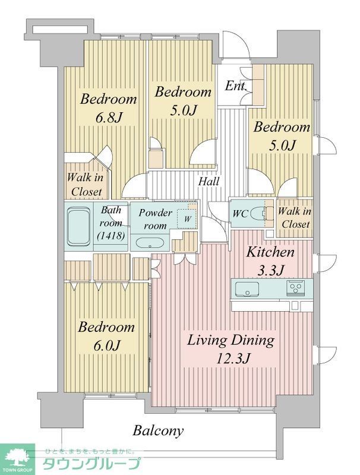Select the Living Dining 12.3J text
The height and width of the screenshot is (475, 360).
[x=230, y=350]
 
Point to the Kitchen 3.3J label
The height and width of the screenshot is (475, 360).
[x=271, y=261]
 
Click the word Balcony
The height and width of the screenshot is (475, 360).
[x=158, y=430]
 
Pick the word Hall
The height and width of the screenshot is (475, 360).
[x=209, y=181]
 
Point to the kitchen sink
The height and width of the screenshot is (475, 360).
[x=245, y=289]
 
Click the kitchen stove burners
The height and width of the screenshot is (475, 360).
[x=295, y=289]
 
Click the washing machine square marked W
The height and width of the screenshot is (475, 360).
[x=187, y=217]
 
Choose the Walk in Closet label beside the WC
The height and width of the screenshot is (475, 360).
[x=293, y=218]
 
